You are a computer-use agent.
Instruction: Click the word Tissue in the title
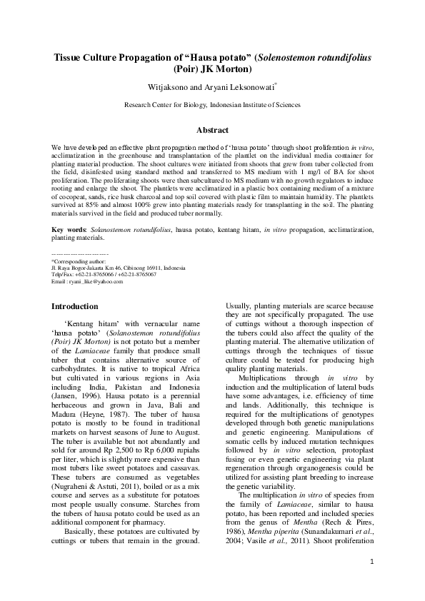click(x=73, y=58)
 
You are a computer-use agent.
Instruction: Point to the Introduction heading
click(x=75, y=306)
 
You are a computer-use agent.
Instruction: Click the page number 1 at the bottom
click(x=372, y=581)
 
